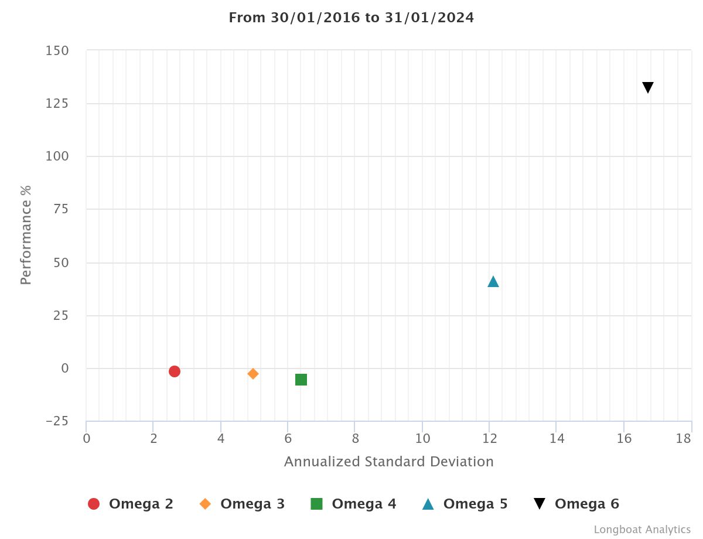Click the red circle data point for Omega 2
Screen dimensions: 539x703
tap(174, 371)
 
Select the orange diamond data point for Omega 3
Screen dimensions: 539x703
tap(253, 374)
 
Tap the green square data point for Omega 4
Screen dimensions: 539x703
tap(301, 380)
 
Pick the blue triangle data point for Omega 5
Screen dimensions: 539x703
tap(493, 282)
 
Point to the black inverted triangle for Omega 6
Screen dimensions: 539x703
tap(648, 87)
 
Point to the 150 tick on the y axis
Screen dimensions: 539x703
tap(57, 51)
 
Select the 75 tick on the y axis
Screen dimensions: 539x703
tap(60, 210)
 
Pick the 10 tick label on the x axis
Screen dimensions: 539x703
tap(422, 439)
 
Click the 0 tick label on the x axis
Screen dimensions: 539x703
tap(87, 439)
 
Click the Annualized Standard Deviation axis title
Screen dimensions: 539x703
tap(388, 462)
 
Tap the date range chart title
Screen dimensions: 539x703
tap(351, 18)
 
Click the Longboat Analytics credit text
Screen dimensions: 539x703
tap(642, 530)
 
